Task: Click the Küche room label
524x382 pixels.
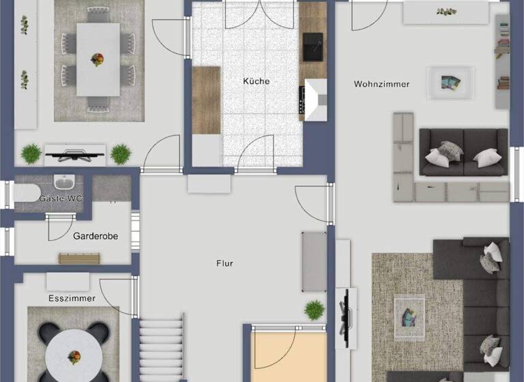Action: [x=256, y=81]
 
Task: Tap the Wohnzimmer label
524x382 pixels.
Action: [x=381, y=84]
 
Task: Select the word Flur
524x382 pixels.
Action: [x=224, y=263]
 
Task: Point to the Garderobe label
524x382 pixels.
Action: [x=96, y=236]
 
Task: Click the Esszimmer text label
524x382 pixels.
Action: [x=72, y=298]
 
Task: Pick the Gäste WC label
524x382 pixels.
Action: [x=60, y=198]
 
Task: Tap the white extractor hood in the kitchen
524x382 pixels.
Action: [x=316, y=99]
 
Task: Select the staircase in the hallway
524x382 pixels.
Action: [x=162, y=348]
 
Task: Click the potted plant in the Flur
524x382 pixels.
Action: [x=315, y=310]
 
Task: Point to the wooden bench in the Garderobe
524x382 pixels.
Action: [x=79, y=258]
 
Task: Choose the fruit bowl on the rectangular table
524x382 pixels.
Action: [x=98, y=59]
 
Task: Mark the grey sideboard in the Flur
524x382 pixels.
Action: [x=315, y=261]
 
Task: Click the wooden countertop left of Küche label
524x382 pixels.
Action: [x=206, y=100]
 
